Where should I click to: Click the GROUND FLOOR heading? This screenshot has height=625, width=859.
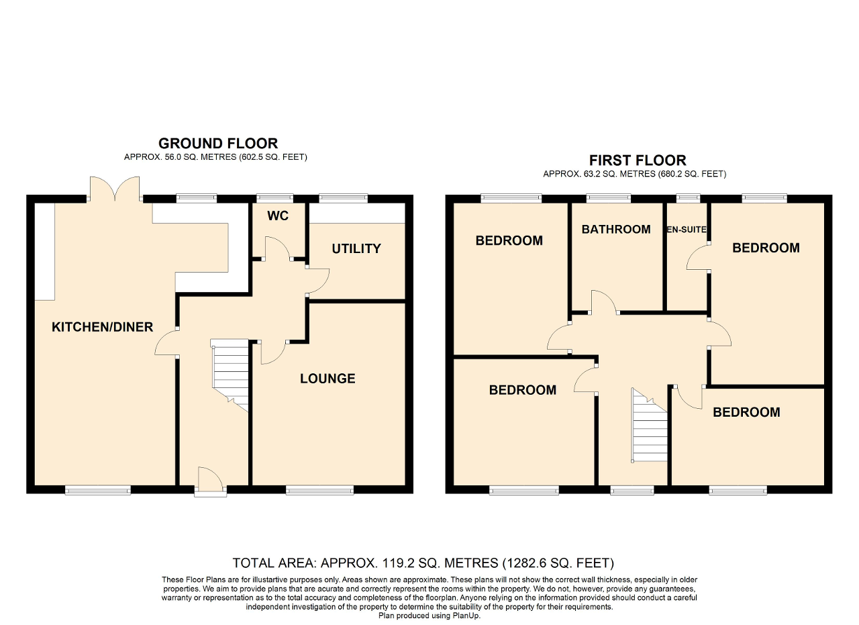[218, 144]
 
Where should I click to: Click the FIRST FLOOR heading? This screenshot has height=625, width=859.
[638, 160]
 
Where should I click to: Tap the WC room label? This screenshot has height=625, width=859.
[278, 216]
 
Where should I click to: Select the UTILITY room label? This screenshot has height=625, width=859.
[356, 248]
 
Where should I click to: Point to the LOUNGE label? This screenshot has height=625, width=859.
[327, 379]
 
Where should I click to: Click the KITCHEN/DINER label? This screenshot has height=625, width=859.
[103, 327]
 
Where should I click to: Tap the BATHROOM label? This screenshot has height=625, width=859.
[616, 230]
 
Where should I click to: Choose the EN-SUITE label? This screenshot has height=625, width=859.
[687, 230]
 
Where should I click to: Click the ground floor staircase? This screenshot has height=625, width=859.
[230, 375]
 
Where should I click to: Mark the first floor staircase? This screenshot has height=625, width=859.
[649, 425]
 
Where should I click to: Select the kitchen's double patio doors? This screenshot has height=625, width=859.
[115, 189]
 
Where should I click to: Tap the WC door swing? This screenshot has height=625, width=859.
[278, 248]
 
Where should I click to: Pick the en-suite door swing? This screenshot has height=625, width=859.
[697, 258]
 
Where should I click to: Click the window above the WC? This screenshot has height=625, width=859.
[274, 198]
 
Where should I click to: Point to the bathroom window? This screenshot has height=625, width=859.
[609, 198]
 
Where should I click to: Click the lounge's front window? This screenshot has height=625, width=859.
[320, 489]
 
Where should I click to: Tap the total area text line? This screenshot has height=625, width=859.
[423, 563]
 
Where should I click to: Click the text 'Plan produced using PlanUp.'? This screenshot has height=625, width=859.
[429, 616]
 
